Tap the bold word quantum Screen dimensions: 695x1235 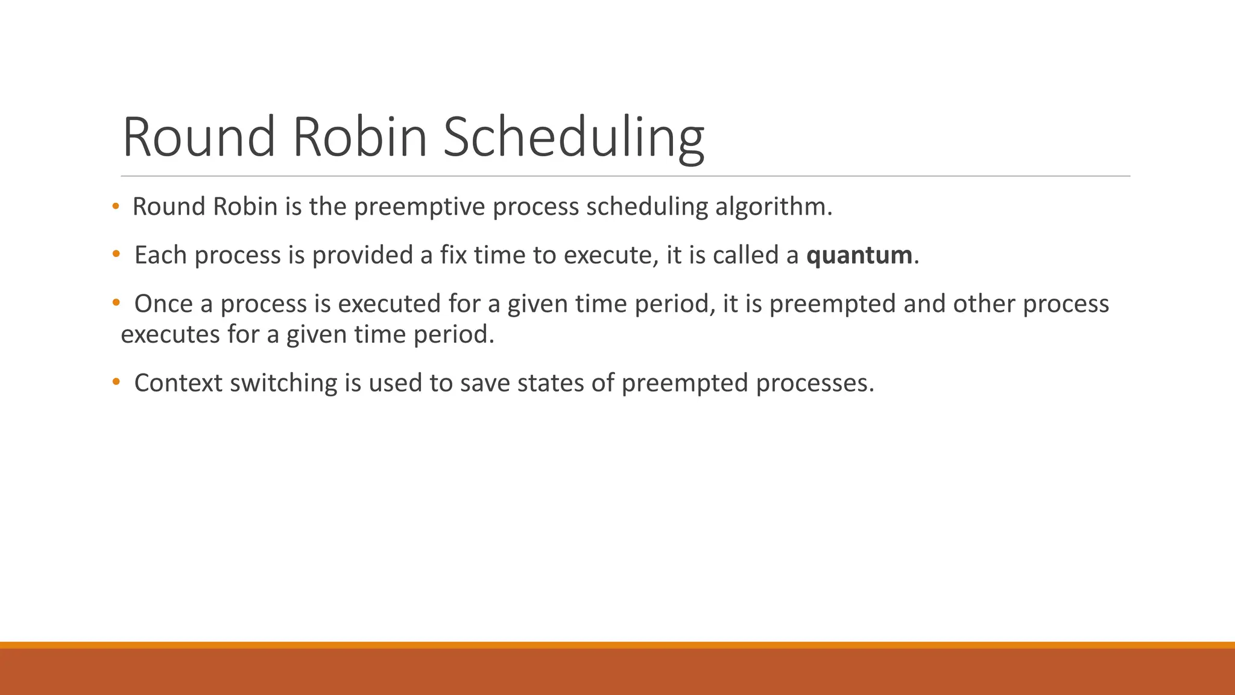(x=859, y=255)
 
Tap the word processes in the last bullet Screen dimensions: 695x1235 (x=812, y=383)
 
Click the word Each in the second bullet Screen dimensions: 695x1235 (x=160, y=255)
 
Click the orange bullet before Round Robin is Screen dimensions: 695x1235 (x=115, y=207)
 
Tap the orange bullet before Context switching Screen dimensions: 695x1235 (x=115, y=382)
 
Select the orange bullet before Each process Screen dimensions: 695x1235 (x=115, y=255)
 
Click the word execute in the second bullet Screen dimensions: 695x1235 (x=608, y=255)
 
